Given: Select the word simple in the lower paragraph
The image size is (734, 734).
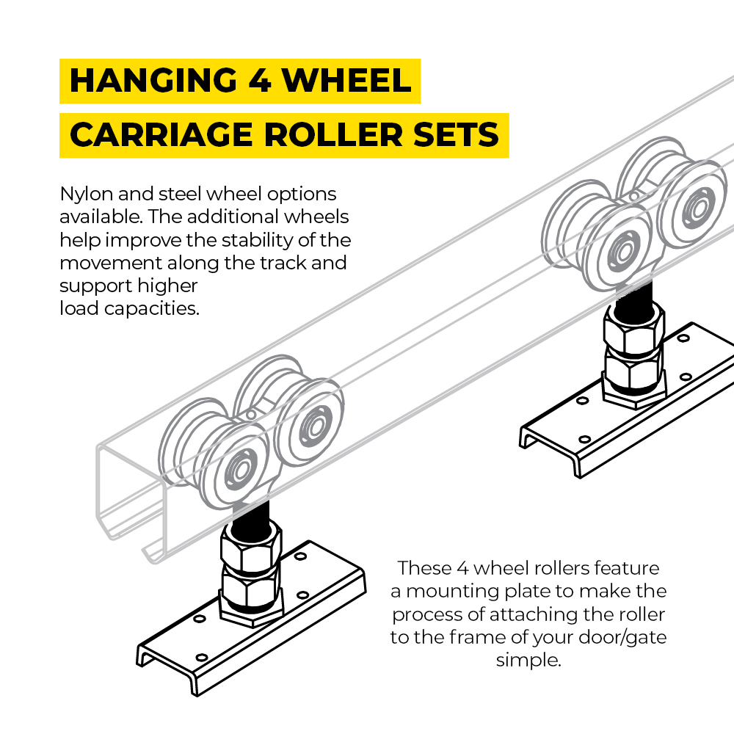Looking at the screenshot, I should (528, 660).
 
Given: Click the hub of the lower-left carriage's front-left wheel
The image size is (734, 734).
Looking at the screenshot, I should (236, 468).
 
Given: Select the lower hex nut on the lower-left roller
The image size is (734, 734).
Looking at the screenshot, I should (250, 590).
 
